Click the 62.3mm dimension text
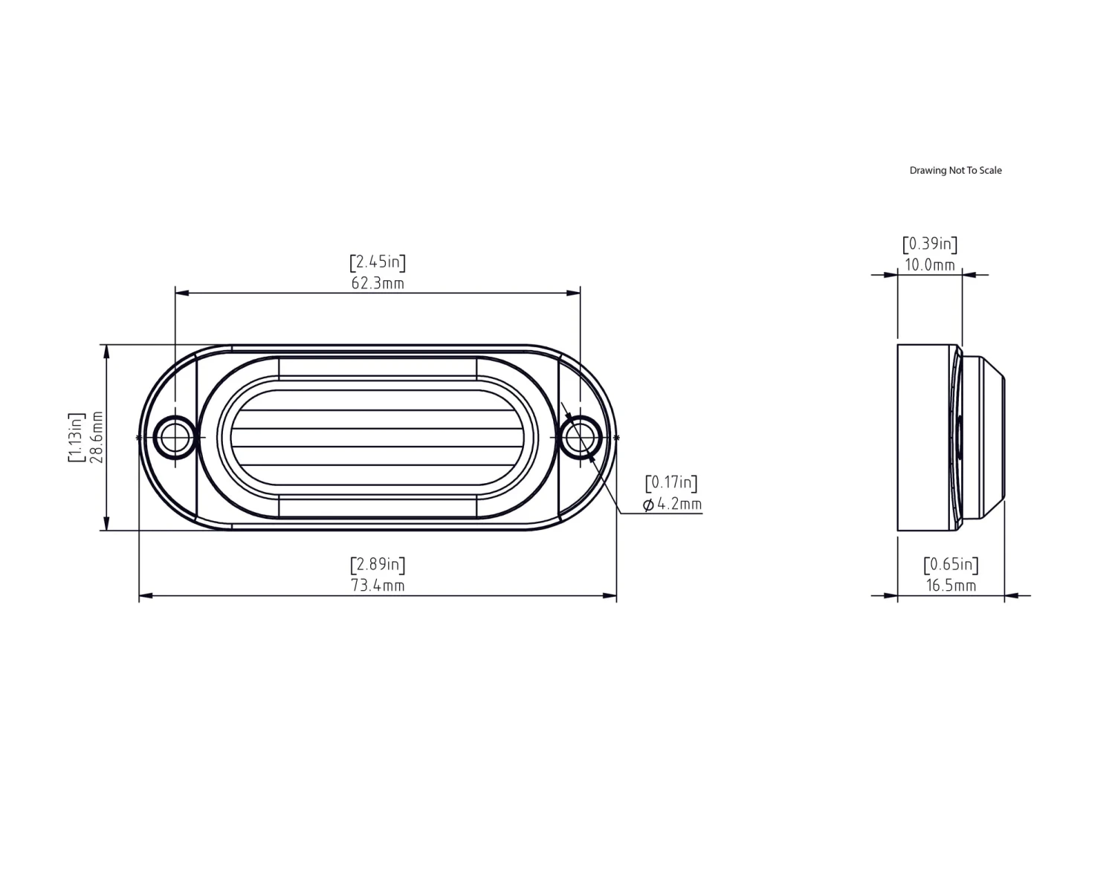378,283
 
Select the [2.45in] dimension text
378,262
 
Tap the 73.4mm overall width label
378,586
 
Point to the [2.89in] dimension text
378,565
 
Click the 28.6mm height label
96,437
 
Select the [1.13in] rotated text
76,437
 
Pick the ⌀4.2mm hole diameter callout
672,505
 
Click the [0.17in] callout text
671,483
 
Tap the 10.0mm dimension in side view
930,265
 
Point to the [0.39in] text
930,244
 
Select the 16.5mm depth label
951,586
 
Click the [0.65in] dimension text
951,565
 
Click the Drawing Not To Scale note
955,170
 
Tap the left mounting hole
175,438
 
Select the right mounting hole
581,438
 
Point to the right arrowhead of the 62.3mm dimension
574,293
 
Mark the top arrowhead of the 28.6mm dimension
107,352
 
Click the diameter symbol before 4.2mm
648,505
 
